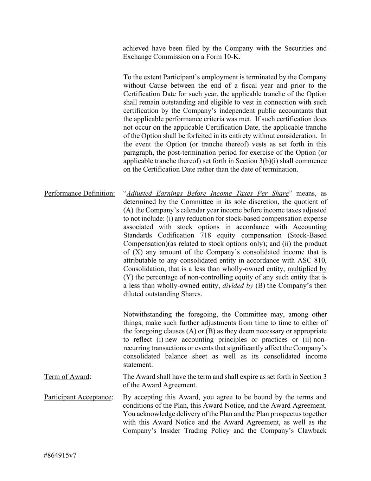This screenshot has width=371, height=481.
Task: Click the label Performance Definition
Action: pos(79,193)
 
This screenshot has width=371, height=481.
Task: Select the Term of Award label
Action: pos(67,377)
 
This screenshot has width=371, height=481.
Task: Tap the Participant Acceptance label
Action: pos(78,397)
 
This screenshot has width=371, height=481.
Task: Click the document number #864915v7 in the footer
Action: pos(60,455)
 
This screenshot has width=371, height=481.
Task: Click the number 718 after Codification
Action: pos(206,235)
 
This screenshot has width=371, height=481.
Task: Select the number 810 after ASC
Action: pos(321,260)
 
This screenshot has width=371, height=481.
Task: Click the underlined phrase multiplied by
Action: pos(307,269)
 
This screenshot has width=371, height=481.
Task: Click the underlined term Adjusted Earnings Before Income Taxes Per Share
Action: pos(207,193)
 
